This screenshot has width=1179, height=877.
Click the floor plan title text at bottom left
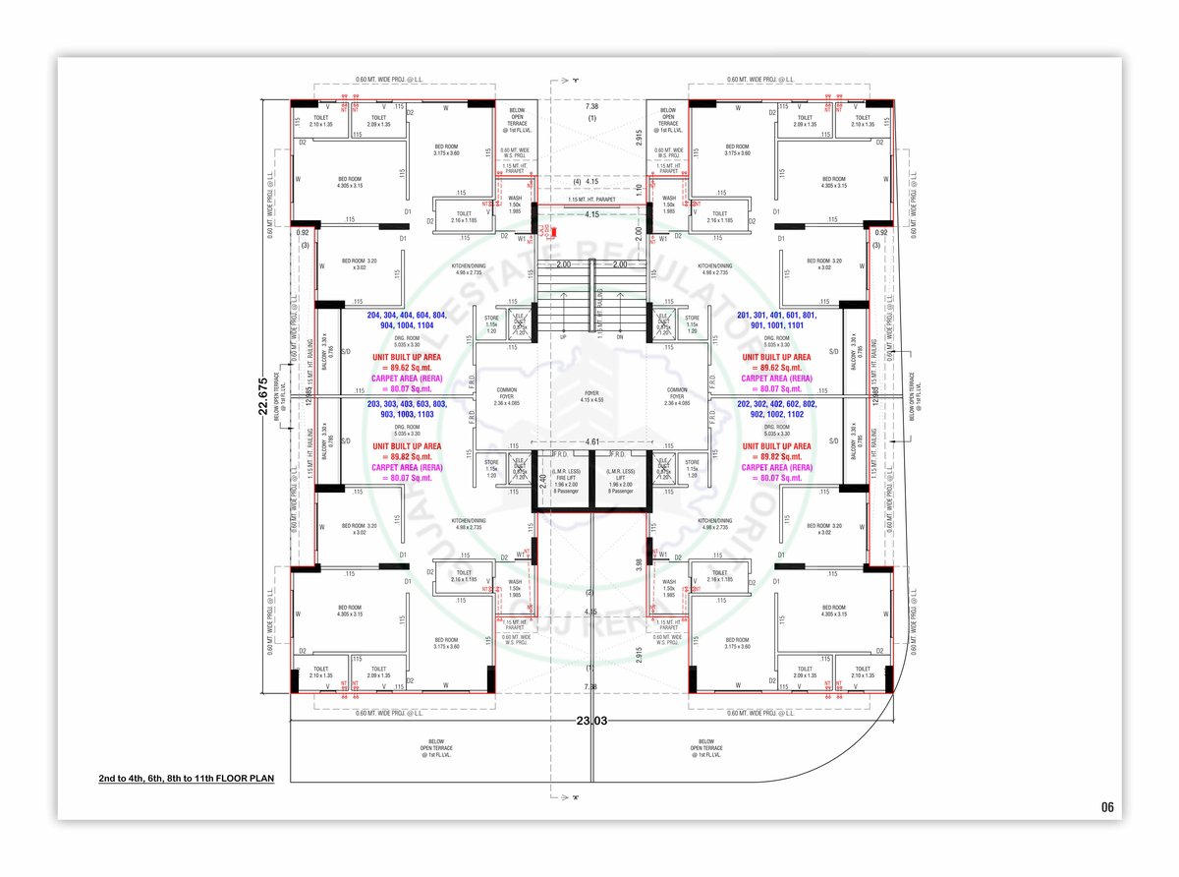[186, 778]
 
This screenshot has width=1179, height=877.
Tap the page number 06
[1107, 807]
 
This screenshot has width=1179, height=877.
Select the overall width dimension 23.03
[592, 721]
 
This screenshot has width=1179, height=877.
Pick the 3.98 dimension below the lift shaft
[639, 563]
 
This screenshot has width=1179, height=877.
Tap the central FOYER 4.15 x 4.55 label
[591, 397]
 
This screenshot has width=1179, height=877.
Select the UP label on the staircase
[563, 336]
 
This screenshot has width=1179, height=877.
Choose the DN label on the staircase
[620, 336]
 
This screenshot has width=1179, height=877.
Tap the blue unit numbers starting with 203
[405, 409]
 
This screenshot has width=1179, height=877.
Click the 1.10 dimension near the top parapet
[638, 188]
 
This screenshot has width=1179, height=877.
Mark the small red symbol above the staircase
[554, 233]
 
